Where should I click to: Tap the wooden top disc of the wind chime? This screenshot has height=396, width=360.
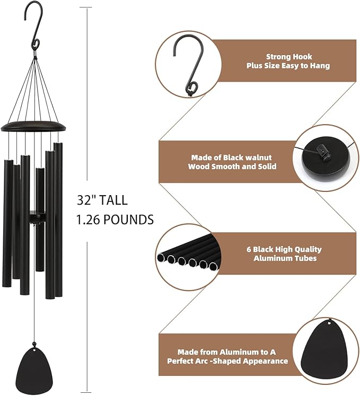pos(34,126)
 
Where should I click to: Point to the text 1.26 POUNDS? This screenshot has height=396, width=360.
pos(115,219)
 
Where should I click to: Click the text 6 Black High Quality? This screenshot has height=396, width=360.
pos(291,249)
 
